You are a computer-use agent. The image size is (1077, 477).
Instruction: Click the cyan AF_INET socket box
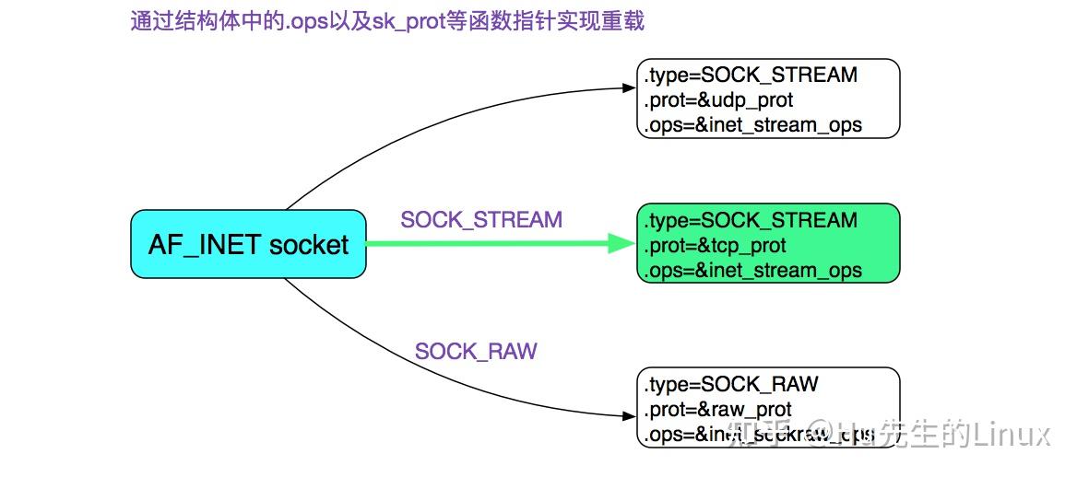point(248,244)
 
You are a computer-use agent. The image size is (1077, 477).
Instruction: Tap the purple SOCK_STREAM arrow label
point(481,220)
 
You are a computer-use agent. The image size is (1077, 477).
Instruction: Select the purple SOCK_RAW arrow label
point(476,352)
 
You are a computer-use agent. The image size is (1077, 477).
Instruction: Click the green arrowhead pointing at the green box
point(621,244)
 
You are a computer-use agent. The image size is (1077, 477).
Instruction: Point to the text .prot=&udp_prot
point(719,99)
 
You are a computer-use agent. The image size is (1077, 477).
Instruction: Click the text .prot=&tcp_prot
point(716,246)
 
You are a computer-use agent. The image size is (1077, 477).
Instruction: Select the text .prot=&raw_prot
point(718,410)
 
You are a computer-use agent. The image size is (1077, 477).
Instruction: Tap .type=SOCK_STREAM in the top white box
point(752,75)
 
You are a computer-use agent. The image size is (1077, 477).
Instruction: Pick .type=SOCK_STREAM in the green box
point(752,221)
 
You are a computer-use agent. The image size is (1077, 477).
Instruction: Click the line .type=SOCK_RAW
point(732,384)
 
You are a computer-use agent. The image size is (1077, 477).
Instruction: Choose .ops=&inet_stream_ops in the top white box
point(753,124)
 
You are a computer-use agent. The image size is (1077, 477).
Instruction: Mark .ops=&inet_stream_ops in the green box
point(753,271)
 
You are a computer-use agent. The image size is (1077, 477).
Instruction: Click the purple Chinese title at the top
point(387,21)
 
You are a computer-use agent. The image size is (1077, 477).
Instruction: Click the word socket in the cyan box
point(309,245)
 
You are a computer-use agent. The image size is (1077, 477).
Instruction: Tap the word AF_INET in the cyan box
point(206,245)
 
